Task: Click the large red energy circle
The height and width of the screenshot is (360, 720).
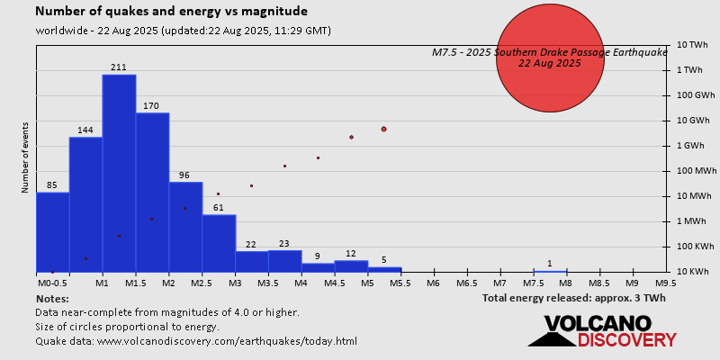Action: click(550, 57)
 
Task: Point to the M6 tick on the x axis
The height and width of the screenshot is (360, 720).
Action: click(433, 283)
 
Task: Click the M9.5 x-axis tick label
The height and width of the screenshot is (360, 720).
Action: click(666, 283)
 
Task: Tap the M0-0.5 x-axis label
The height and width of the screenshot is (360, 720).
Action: click(52, 283)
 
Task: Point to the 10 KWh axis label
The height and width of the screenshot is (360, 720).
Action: click(694, 271)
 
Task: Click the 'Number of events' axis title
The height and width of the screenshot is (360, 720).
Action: click(25, 158)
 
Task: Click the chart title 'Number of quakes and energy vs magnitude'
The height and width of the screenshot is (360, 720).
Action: click(171, 12)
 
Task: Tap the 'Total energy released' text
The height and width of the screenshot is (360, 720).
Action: click(573, 297)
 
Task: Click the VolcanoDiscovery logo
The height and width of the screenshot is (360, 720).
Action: click(602, 330)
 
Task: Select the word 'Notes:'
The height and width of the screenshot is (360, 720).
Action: click(52, 298)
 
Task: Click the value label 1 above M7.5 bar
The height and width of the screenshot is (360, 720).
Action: click(549, 264)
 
